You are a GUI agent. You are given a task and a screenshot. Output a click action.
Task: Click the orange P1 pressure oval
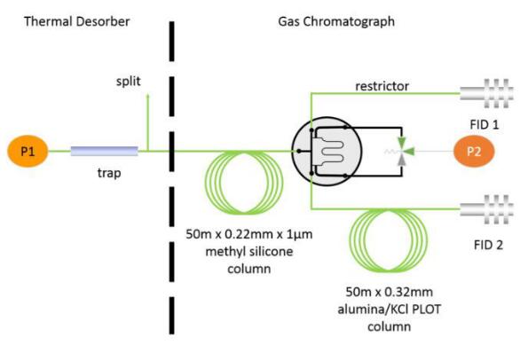click(28, 151)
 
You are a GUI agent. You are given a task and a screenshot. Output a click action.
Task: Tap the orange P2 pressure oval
click(474, 152)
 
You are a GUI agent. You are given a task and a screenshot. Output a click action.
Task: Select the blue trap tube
click(105, 151)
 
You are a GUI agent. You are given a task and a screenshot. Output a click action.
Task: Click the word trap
click(109, 173)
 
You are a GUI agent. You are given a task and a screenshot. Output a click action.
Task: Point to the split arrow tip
click(147, 95)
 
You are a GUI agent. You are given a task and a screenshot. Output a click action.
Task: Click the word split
click(129, 82)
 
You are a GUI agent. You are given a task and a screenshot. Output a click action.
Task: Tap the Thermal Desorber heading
click(77, 21)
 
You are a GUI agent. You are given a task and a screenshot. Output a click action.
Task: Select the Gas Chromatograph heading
click(336, 21)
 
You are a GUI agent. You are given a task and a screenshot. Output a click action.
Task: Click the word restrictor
click(382, 86)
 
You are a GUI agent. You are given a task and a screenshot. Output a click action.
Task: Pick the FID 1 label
click(485, 125)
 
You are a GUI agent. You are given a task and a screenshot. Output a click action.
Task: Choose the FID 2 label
click(488, 245)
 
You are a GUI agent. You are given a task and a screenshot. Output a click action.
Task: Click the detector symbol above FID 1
click(486, 93)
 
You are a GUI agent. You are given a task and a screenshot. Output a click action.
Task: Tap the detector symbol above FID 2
click(486, 209)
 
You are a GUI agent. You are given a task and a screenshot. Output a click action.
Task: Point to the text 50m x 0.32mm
click(390, 292)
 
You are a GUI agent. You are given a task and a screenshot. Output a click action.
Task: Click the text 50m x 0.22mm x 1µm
click(249, 234)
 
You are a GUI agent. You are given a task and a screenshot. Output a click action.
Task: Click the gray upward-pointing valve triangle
click(401, 160)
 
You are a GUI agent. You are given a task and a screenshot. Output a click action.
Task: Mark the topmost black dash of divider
click(172, 42)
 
